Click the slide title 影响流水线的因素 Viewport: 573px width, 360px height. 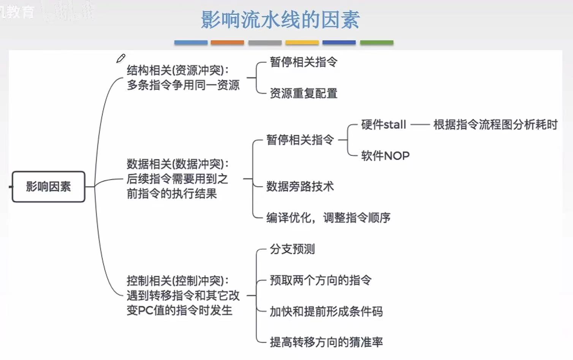(280, 20)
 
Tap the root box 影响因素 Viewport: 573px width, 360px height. (48, 187)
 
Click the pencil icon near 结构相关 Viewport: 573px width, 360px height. (121, 59)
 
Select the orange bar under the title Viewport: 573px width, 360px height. (227, 43)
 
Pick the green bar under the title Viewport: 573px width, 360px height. (377, 43)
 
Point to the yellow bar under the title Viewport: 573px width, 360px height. (302, 43)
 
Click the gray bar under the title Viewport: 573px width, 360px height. (265, 43)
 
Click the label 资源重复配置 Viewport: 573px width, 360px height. (304, 94)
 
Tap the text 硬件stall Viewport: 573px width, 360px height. (383, 125)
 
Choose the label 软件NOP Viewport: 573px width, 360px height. (385, 156)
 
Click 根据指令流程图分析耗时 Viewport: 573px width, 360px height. (495, 125)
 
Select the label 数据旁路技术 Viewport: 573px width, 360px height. (300, 187)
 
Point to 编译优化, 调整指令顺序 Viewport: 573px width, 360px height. (328, 218)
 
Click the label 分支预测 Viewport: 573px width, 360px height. (292, 249)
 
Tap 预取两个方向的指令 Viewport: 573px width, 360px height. (320, 281)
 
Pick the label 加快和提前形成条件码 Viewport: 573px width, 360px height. (326, 312)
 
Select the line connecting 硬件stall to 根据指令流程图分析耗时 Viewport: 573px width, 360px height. (420, 125)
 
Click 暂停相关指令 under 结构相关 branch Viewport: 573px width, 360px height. (304, 62)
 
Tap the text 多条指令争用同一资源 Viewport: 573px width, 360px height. (183, 85)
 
